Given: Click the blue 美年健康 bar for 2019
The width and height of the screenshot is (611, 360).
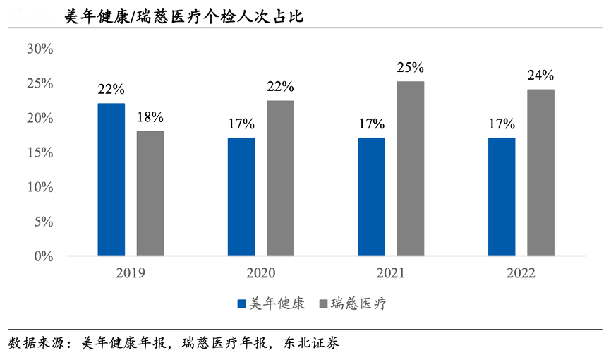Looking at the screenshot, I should pos(111,179).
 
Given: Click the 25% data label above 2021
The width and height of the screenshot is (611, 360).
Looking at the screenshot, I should pos(410,68).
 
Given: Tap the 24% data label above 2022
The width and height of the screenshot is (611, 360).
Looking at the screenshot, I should pos(540,76).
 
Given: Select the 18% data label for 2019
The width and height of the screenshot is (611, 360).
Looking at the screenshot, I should pos(150,117).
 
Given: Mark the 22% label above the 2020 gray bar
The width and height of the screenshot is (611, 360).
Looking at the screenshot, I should pos(280,87).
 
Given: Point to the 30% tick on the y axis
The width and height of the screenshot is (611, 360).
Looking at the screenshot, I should pos(40,49).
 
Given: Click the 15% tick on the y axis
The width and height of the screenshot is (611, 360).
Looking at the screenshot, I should pos(40,152).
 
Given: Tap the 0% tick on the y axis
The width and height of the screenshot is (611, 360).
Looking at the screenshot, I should pos(43,256).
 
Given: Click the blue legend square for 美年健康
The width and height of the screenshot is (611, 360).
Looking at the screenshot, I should pos(241,304).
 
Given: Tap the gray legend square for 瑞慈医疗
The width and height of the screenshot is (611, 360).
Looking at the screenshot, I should pos(324,304).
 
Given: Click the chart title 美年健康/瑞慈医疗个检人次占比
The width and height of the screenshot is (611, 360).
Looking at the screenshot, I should pos(183,16).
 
